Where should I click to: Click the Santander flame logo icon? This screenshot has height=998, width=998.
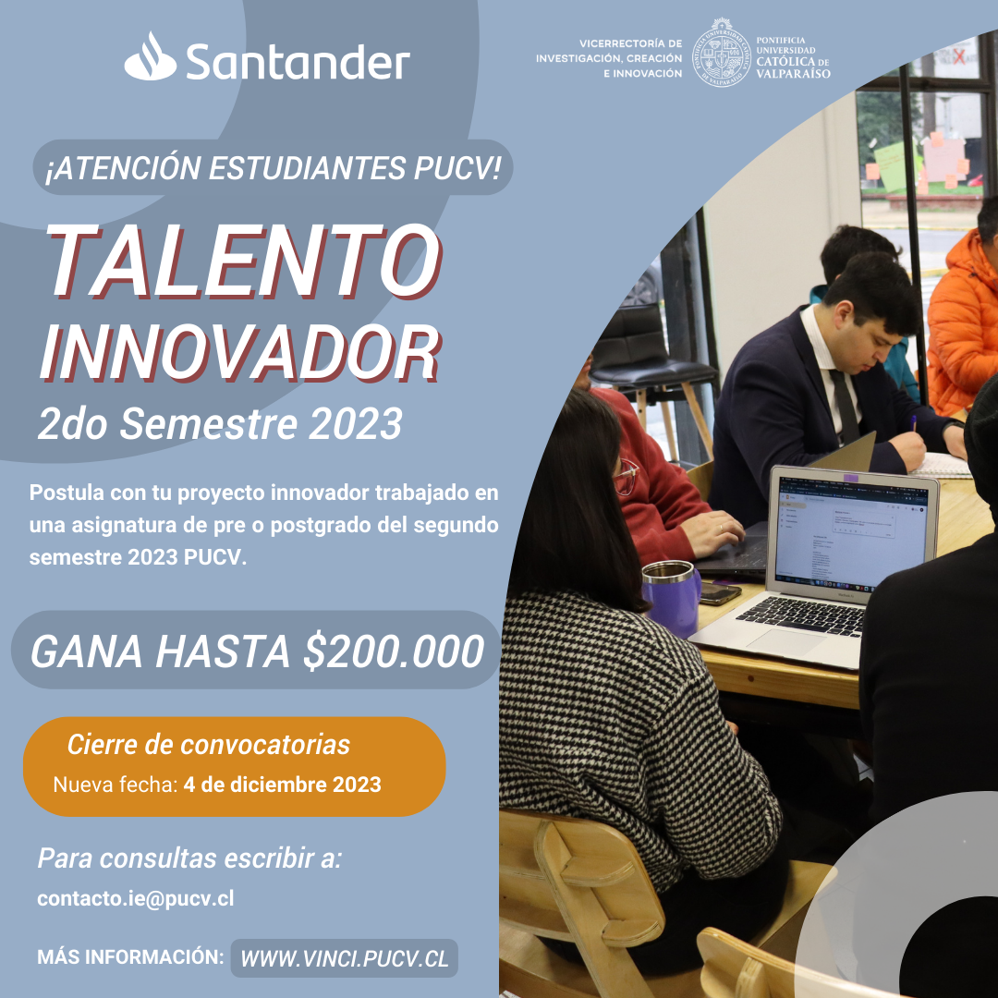151,56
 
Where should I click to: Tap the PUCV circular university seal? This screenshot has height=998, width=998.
721,52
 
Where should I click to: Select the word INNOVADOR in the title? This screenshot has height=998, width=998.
240,353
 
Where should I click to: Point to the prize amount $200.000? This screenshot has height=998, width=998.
394,651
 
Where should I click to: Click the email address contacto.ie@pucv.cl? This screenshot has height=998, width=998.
136,898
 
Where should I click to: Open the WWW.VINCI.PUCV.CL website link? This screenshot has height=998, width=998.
345,958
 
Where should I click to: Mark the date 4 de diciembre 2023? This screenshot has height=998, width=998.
282,785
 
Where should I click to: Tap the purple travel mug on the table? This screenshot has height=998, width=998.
671,598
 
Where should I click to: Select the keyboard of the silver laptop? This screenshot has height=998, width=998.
800,615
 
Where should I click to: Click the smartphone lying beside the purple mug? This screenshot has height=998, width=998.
720,593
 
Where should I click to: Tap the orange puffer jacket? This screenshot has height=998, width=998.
962,324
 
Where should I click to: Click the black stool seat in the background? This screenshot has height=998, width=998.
653,371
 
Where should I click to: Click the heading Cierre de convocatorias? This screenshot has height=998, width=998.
209,744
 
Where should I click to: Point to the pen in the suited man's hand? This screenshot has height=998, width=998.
913,424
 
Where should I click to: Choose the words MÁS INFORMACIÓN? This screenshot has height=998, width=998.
130,956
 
